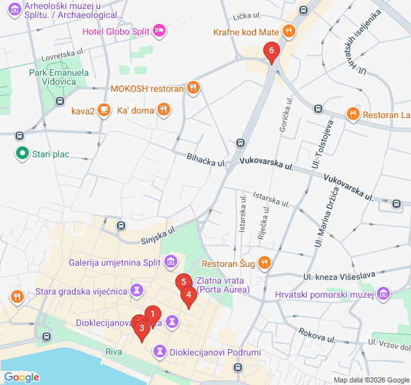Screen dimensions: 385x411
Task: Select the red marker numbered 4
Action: (x=189, y=296)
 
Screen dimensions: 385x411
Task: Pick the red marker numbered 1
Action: (x=152, y=314)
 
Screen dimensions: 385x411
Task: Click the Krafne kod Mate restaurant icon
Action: (x=289, y=30)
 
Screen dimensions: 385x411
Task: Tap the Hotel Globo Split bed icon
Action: (x=160, y=30)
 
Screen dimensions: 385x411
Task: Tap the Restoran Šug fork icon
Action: (x=264, y=262)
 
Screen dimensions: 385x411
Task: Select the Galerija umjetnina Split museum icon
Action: (x=171, y=261)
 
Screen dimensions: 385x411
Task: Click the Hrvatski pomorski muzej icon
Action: (x=383, y=294)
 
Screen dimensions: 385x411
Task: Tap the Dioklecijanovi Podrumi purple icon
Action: (x=159, y=352)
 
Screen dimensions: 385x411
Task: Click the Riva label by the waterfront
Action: (x=114, y=352)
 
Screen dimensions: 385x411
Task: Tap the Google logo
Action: (x=21, y=377)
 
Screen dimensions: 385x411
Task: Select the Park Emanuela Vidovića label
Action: (x=59, y=78)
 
